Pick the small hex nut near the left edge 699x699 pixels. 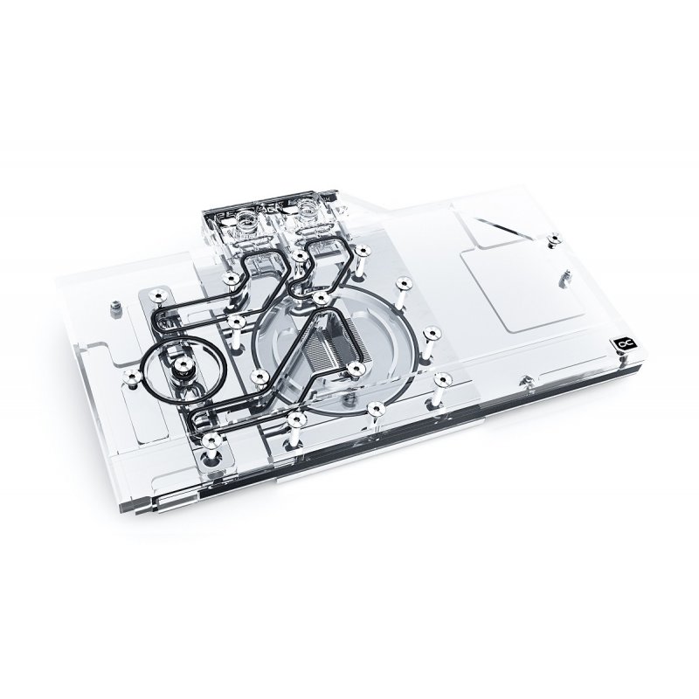[x=115, y=306]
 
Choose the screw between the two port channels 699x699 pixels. [x=300, y=256]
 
